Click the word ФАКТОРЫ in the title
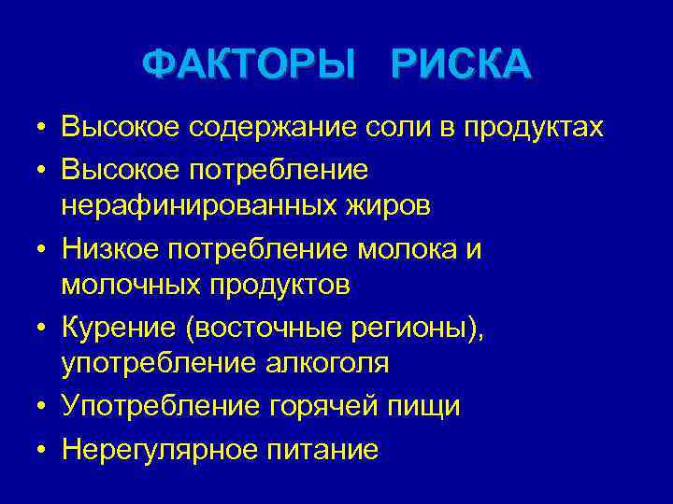coord(250,65)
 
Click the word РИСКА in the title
coord(462,65)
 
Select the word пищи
coord(427,407)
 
